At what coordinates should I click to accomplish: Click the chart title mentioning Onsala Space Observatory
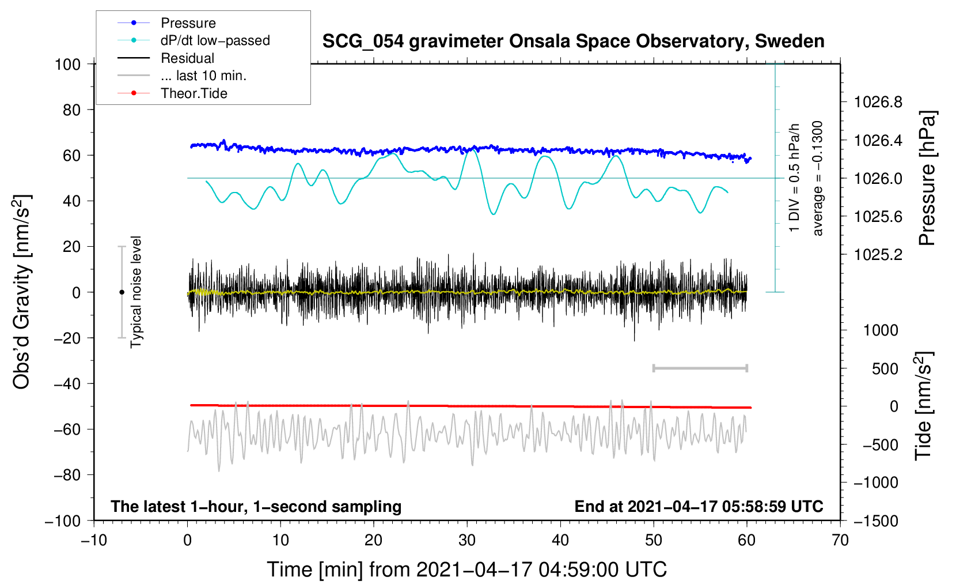tap(573, 42)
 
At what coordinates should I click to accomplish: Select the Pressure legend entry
tap(188, 23)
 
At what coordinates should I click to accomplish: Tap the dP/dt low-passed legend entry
tap(215, 40)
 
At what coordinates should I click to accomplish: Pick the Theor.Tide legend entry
tap(194, 93)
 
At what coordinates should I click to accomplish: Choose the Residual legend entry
tap(187, 58)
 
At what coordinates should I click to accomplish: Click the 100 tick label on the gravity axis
tap(67, 64)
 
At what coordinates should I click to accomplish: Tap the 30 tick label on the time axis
tap(467, 540)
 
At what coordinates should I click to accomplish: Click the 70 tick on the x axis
tap(840, 540)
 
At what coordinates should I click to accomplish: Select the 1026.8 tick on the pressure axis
tap(878, 103)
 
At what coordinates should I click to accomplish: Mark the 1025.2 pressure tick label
tap(878, 255)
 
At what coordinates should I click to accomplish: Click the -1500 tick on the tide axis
tap(876, 521)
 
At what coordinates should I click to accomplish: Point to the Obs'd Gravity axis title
tap(21, 292)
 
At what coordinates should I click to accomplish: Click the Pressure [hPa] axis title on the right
tap(927, 178)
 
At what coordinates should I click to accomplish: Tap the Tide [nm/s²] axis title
tap(924, 406)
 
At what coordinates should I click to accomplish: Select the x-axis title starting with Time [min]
tap(466, 570)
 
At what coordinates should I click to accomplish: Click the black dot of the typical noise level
tap(122, 292)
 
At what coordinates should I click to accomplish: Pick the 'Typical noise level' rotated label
tap(136, 292)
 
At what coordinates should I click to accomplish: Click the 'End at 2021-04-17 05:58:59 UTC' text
tap(699, 507)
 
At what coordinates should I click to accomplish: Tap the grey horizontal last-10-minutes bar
tap(700, 368)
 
